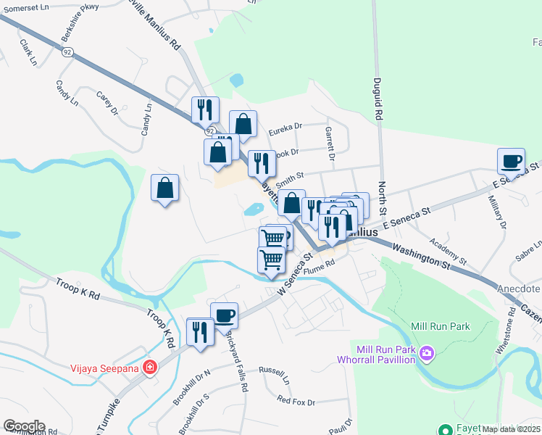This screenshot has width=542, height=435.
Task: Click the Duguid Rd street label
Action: [x=378, y=99]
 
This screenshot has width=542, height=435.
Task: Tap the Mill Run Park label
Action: [x=441, y=326]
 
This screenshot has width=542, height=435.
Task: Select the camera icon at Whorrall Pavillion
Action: [x=428, y=354]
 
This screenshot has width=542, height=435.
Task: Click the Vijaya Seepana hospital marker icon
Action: [x=150, y=367]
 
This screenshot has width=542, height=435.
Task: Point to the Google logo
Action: [x=24, y=426]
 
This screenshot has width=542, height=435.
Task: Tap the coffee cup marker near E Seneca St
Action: [x=512, y=160]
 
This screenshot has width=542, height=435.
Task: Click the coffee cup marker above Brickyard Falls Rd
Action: [x=225, y=315]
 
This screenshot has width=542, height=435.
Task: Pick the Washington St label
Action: [x=420, y=257]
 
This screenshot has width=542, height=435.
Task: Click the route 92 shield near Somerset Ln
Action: [x=67, y=51]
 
